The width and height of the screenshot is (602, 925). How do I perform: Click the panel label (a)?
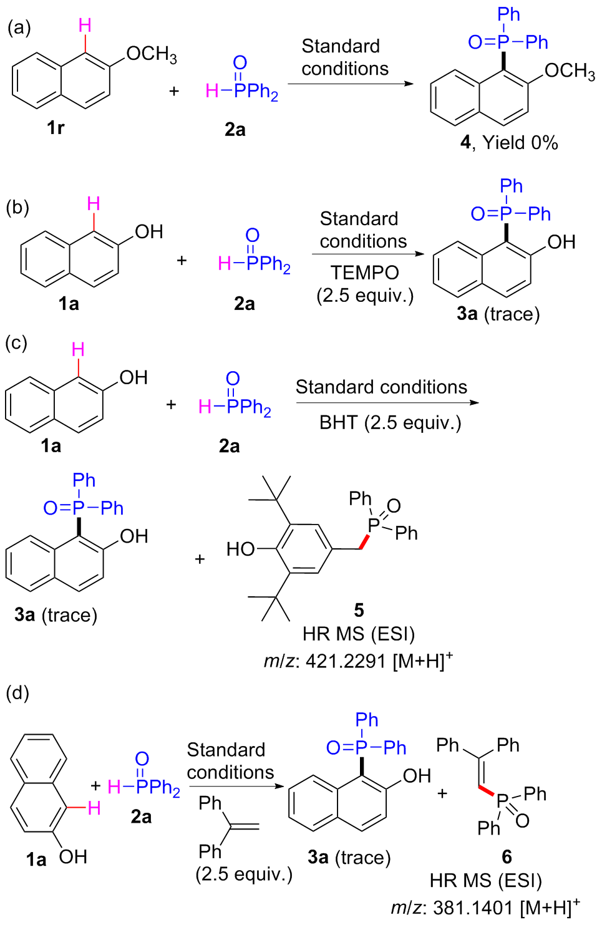click(19, 27)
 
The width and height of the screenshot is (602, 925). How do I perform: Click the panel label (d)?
click(17, 693)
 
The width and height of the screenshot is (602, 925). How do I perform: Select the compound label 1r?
click(56, 128)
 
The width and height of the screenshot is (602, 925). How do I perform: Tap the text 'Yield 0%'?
click(520, 143)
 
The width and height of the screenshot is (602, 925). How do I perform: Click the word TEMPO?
click(364, 273)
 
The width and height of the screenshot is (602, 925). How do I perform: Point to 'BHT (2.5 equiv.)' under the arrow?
click(390, 423)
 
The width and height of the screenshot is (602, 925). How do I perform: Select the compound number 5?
click(359, 610)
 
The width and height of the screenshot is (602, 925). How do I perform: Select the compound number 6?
click(507, 857)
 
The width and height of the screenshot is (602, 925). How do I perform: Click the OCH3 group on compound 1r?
click(151, 54)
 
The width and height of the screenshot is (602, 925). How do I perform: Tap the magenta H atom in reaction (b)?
click(94, 204)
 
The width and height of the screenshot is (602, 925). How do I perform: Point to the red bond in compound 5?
click(364, 541)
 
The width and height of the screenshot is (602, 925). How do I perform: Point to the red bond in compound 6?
click(486, 792)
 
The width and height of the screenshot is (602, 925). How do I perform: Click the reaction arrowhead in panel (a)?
click(409, 84)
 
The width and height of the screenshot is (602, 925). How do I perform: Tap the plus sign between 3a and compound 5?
click(200, 559)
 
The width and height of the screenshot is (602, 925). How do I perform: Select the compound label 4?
click(465, 143)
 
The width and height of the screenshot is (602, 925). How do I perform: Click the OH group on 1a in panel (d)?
click(73, 857)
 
